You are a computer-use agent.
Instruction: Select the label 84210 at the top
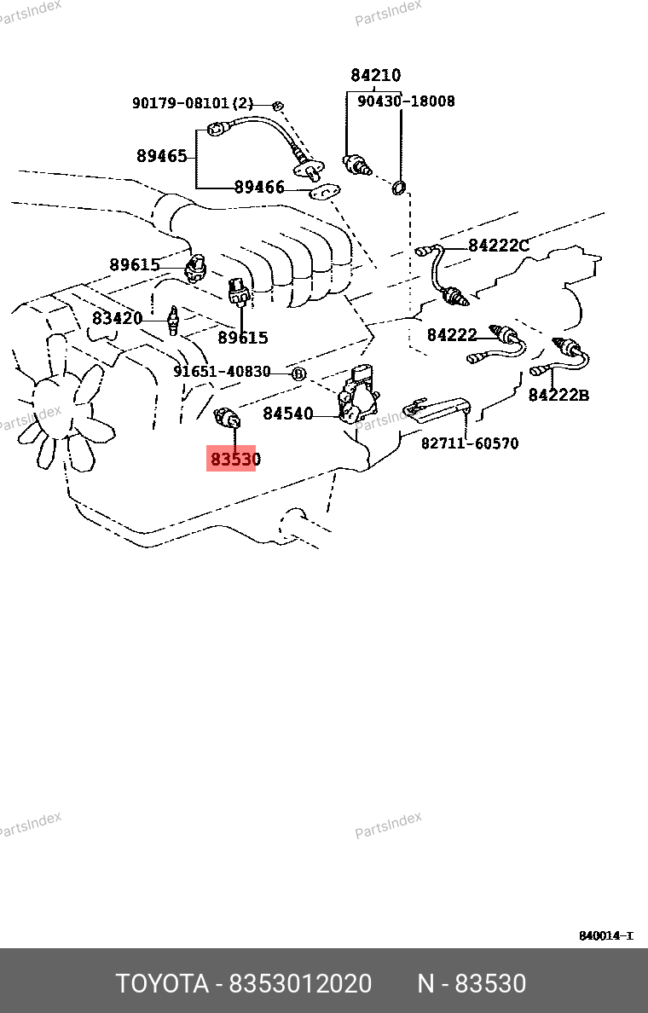tap(375, 76)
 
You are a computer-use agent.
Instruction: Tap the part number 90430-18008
tap(406, 101)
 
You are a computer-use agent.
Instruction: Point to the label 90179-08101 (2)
tap(193, 102)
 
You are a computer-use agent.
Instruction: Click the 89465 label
tap(161, 156)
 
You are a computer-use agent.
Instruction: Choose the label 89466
tap(259, 188)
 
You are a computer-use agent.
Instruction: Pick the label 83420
tap(117, 319)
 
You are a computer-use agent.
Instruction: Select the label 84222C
tap(498, 246)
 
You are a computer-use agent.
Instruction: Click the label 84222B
tap(558, 395)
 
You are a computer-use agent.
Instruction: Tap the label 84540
tap(287, 414)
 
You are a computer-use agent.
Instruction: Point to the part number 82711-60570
tap(470, 443)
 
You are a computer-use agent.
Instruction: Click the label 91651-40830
tap(222, 372)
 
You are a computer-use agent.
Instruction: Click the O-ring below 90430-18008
tap(400, 188)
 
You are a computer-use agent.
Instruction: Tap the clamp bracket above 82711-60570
tap(436, 409)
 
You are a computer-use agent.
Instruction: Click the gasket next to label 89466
tap(324, 191)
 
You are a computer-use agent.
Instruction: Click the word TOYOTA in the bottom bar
tap(162, 984)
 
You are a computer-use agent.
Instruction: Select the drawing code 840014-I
tap(606, 935)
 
